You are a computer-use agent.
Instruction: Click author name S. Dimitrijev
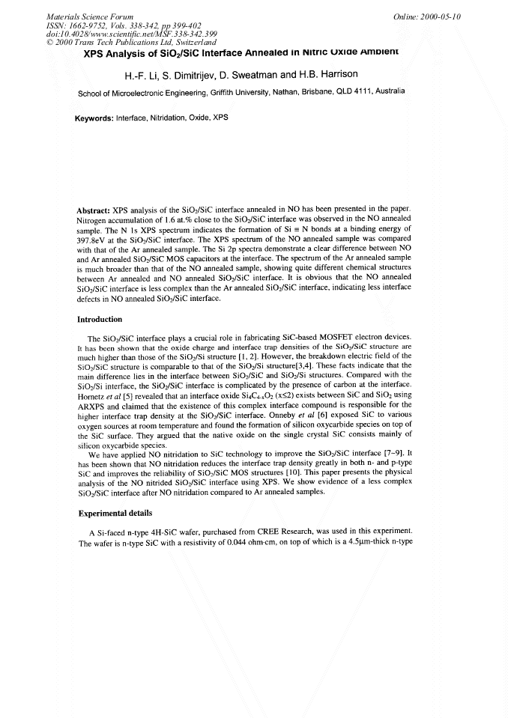(x=190, y=76)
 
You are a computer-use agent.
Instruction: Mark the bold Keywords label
(x=94, y=118)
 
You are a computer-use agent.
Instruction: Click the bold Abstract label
(x=94, y=210)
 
